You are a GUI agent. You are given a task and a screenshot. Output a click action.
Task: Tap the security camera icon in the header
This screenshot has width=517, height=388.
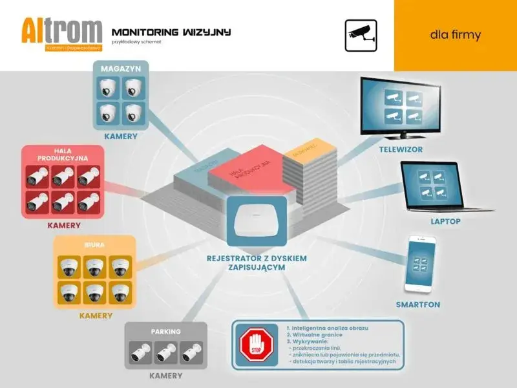coord(361,32)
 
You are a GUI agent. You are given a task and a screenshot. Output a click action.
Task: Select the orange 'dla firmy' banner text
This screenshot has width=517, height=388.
coord(456,34)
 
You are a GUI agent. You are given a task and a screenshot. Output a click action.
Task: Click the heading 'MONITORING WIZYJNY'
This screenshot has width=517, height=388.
coord(171,32)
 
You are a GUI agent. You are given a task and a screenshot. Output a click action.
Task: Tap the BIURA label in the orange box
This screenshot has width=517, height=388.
coord(94,245)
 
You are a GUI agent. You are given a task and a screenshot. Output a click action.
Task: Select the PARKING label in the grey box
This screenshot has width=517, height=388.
coord(165,332)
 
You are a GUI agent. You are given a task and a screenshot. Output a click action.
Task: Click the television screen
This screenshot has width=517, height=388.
coord(401,106)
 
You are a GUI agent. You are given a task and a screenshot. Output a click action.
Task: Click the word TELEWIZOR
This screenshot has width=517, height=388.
coord(401,149)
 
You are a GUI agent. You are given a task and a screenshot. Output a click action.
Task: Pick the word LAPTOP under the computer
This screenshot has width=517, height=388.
coord(445,221)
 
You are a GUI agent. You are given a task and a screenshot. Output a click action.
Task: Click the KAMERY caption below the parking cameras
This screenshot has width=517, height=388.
coord(165,375)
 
